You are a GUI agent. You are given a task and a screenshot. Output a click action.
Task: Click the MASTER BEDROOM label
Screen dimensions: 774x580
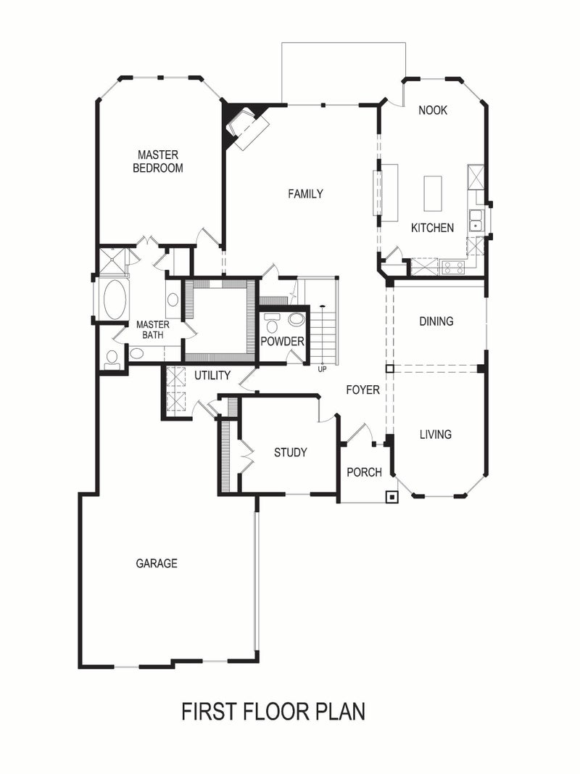(x=158, y=161)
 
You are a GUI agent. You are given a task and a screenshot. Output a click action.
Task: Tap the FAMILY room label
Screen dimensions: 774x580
(x=305, y=194)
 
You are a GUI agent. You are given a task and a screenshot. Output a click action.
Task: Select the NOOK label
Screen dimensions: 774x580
(x=433, y=110)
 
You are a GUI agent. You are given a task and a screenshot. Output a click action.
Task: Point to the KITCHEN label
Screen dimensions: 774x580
(x=432, y=228)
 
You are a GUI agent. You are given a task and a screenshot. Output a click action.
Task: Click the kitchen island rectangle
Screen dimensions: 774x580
(x=433, y=192)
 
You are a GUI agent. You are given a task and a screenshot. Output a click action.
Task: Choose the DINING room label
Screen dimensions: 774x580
(x=436, y=321)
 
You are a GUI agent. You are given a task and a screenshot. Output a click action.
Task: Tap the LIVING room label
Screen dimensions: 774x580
(x=436, y=435)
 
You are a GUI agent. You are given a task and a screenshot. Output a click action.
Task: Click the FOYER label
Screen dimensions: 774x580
(x=362, y=390)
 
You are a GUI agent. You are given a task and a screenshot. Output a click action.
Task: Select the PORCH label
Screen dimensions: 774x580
(x=364, y=472)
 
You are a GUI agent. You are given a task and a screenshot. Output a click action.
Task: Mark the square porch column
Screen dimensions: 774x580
(x=392, y=498)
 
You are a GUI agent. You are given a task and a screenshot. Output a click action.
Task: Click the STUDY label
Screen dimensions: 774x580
(x=290, y=453)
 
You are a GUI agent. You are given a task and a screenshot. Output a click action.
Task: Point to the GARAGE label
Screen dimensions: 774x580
(x=157, y=563)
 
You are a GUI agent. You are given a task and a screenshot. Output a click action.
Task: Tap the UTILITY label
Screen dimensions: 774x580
(x=212, y=375)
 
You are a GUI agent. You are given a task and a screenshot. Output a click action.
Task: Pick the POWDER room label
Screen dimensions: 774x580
(x=282, y=342)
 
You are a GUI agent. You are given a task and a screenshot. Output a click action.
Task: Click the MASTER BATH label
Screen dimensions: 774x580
(x=152, y=329)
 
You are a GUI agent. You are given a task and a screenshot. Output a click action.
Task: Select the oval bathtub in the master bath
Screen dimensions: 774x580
(x=115, y=299)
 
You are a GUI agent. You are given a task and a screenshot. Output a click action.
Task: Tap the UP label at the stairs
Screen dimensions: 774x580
(x=322, y=369)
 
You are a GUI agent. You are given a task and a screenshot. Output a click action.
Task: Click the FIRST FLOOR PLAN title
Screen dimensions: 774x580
(x=273, y=711)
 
